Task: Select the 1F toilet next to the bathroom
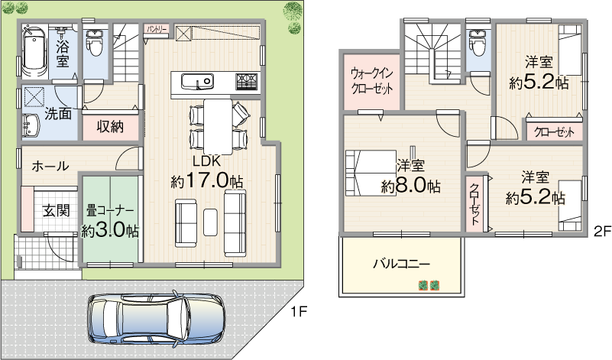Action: [93, 44]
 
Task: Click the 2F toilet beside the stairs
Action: [476, 44]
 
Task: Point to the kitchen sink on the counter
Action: [197, 82]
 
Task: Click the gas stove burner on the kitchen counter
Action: [248, 82]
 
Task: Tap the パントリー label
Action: [157, 29]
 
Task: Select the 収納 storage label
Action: [111, 127]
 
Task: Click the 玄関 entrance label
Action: [57, 211]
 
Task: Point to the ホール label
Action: [50, 167]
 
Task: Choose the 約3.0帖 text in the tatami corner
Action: [110, 231]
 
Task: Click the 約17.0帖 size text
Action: [207, 180]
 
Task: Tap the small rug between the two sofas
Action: [210, 222]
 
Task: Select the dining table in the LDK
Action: [218, 125]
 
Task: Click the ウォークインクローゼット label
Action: [371, 81]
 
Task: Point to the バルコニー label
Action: [402, 264]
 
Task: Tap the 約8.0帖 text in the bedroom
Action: [410, 186]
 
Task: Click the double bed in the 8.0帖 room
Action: [371, 173]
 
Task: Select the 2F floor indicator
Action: [602, 232]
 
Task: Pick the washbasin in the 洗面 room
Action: [31, 125]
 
